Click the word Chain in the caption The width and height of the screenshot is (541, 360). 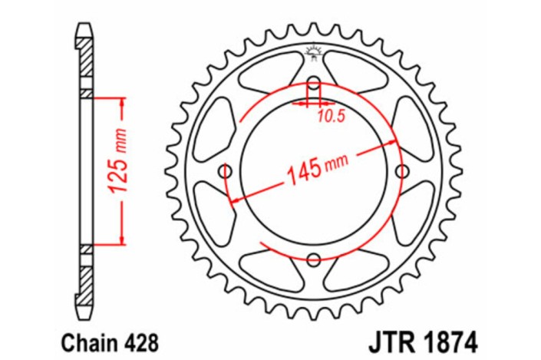tap(78, 339)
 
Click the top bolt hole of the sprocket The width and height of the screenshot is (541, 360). tap(313, 84)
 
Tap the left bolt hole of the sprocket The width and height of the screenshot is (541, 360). tap(226, 170)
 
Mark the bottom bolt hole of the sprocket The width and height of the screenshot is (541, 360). tap(313, 259)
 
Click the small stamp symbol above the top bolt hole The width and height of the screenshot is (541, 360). tap(312, 52)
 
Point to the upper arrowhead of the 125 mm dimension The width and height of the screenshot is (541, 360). tap(120, 103)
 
